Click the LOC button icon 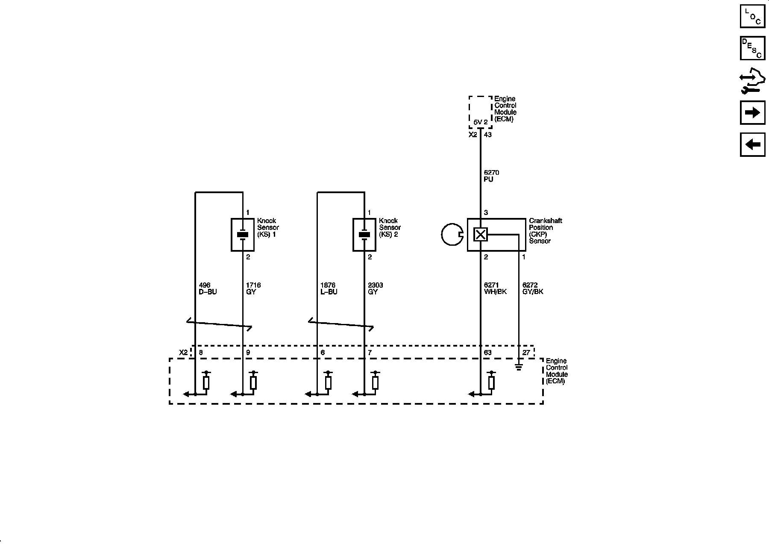[752, 16]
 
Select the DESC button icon [752, 48]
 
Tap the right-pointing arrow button [752, 112]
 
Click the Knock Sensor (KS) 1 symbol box [243, 235]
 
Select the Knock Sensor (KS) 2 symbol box [364, 235]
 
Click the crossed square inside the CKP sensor [481, 234]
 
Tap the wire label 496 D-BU [208, 288]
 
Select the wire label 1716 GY [253, 288]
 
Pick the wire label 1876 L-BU [329, 288]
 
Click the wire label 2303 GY [375, 288]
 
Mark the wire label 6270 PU [491, 176]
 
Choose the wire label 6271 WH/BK [495, 288]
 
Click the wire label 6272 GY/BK [532, 288]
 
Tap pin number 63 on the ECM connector [487, 353]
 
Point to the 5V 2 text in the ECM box [481, 122]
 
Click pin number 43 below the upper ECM [487, 135]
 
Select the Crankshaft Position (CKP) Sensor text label [545, 231]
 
